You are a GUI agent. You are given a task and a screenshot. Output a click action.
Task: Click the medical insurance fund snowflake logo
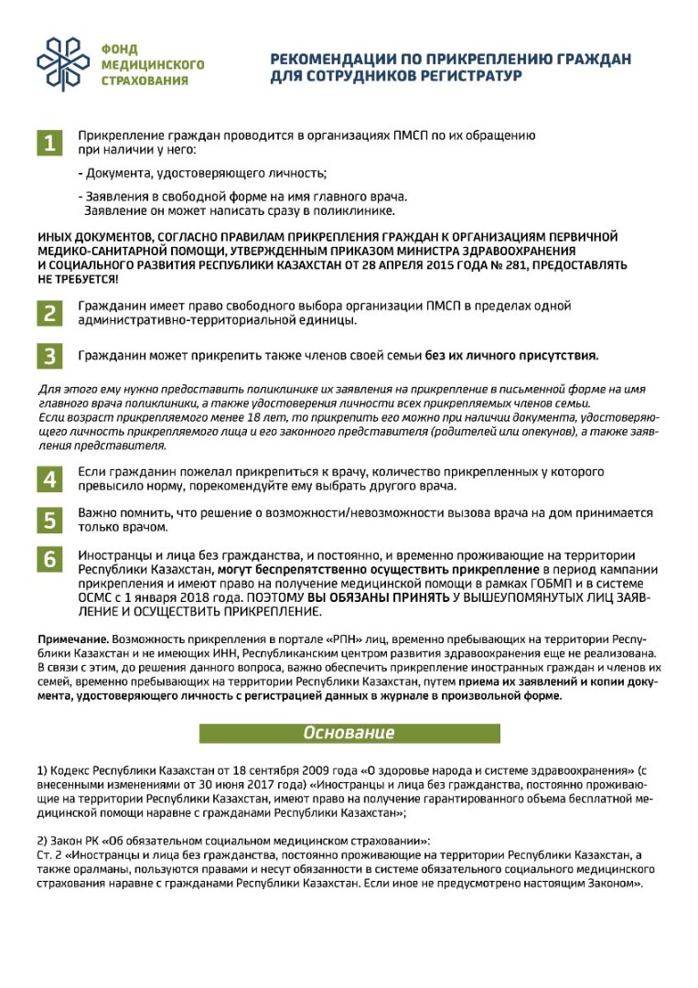click(63, 64)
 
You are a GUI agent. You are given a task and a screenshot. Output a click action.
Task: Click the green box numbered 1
click(49, 144)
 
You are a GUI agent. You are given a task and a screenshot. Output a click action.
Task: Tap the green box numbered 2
click(49, 313)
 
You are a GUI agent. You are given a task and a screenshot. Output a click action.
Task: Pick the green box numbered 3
click(49, 355)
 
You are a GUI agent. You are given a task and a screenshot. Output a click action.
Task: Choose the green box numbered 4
click(49, 479)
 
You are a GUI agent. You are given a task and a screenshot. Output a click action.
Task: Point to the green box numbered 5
click(49, 521)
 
